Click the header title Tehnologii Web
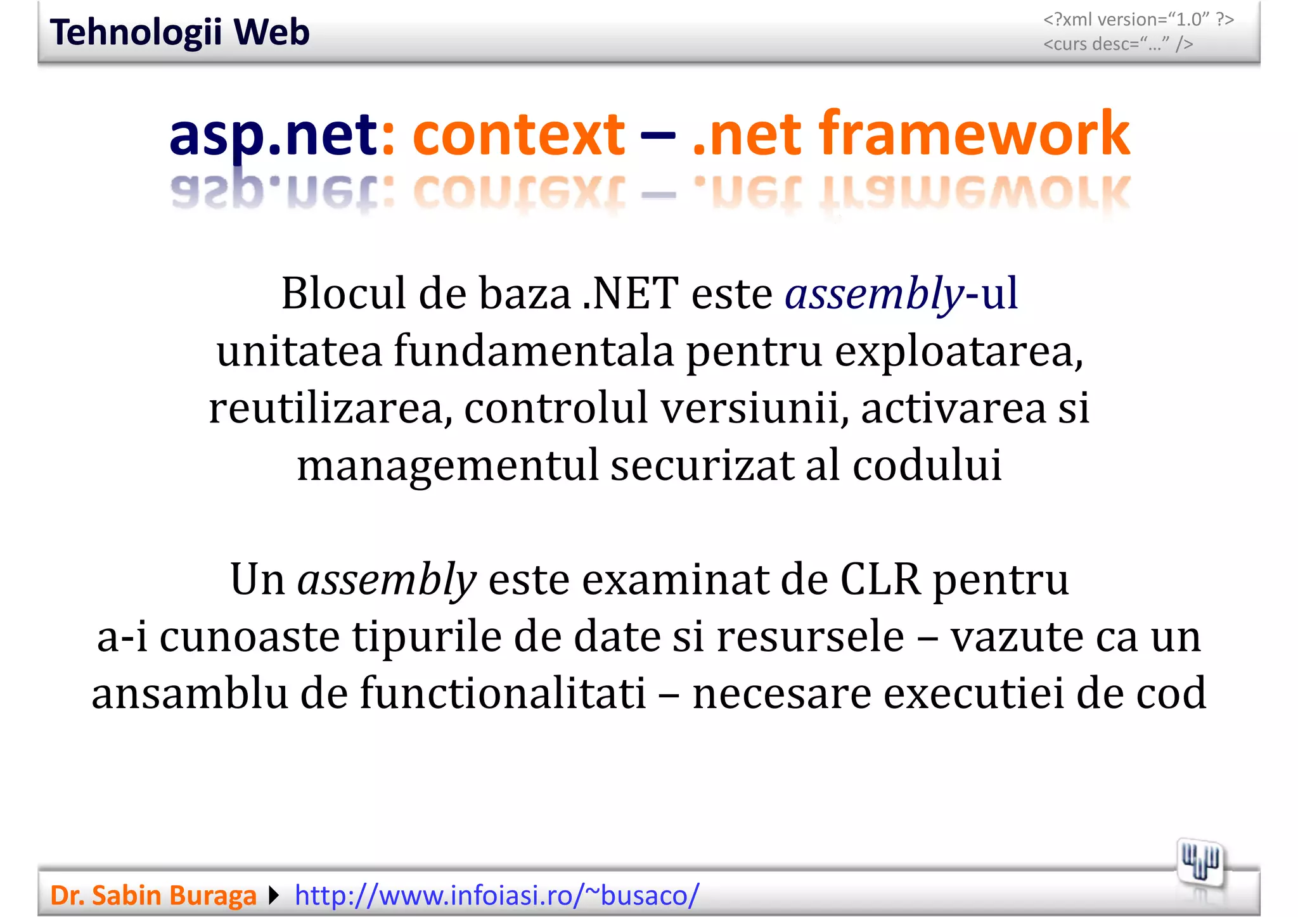click(179, 32)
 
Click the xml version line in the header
click(1138, 20)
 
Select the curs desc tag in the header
click(1118, 44)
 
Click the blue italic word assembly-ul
click(901, 294)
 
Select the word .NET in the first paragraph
click(630, 294)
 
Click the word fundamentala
click(534, 351)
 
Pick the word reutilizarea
click(330, 408)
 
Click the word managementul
click(447, 465)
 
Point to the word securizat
click(702, 465)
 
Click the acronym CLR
click(880, 579)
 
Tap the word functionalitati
click(503, 693)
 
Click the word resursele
click(810, 636)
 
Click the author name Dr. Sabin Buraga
click(153, 895)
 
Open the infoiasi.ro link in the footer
click(497, 895)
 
